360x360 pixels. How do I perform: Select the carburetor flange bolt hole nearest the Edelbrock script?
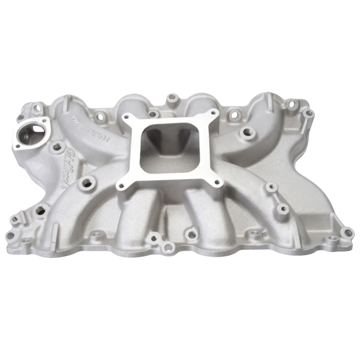(x=121, y=185)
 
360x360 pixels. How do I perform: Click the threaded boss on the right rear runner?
(x=246, y=132)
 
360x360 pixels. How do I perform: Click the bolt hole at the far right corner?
(x=346, y=233)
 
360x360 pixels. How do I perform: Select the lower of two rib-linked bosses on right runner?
(x=282, y=208)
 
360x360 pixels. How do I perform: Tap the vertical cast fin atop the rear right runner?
(x=270, y=99)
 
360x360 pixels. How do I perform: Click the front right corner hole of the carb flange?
(x=217, y=182)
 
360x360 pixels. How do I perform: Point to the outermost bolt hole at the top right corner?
(x=308, y=112)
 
